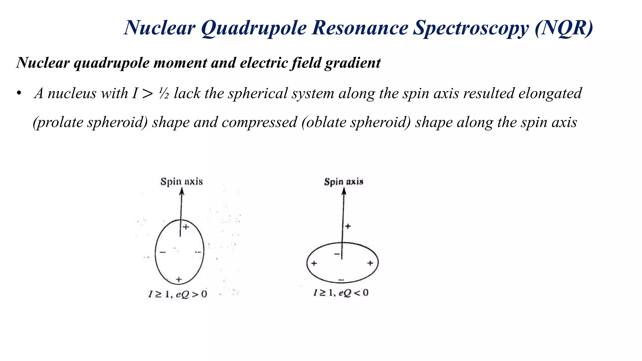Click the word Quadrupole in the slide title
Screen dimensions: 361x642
coord(254,28)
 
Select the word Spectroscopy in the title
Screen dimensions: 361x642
coord(470,28)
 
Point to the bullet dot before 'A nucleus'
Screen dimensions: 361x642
coord(19,93)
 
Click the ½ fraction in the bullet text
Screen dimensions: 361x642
coord(163,93)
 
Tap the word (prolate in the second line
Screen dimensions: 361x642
coord(58,122)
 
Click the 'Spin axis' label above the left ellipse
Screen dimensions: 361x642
coord(182,181)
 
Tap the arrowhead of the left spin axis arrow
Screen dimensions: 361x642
coord(182,191)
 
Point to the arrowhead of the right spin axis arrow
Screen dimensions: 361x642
coord(344,191)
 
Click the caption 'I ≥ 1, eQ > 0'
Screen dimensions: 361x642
coord(178,294)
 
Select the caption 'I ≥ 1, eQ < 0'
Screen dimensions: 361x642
coord(341,293)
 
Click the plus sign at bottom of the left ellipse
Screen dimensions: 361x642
coord(179,279)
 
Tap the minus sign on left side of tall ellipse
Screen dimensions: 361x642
coord(163,252)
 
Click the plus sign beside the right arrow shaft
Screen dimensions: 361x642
coord(348,226)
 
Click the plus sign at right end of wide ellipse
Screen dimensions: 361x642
coord(370,263)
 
